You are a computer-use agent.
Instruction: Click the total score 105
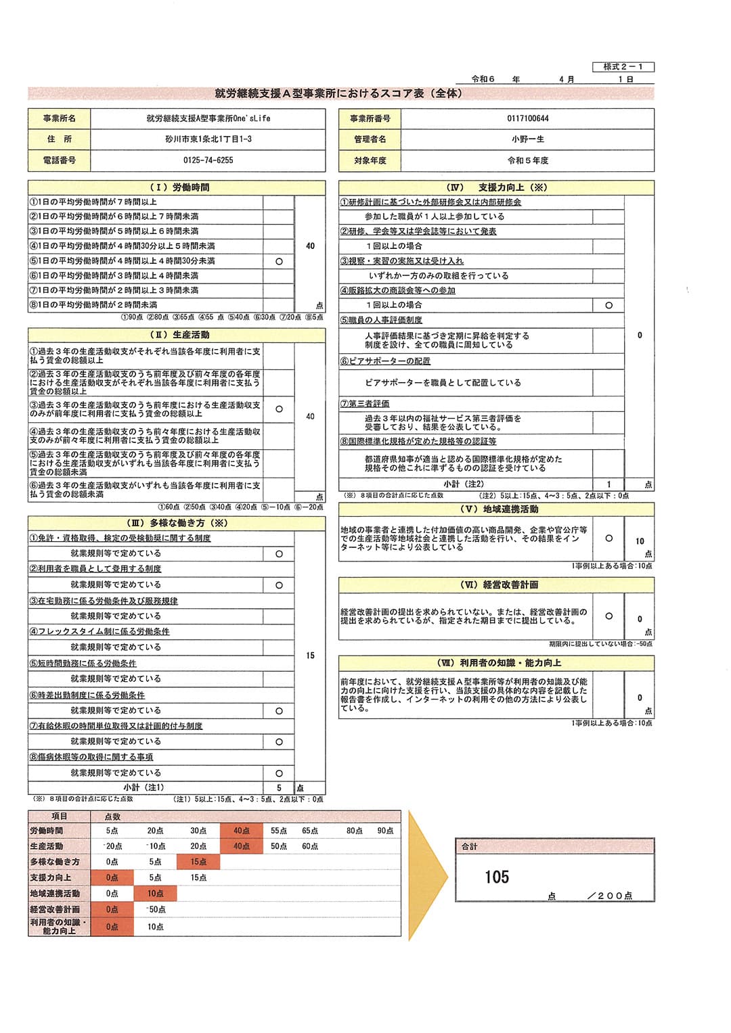[497, 877]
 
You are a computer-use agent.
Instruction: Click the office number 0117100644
[528, 118]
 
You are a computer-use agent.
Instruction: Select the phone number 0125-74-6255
[208, 160]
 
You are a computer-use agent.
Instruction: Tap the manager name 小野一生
[528, 139]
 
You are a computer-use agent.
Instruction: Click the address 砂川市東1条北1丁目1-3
[208, 139]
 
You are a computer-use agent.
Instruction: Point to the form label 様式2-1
[623, 67]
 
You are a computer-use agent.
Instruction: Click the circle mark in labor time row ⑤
[279, 261]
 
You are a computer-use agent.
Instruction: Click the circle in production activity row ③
[279, 409]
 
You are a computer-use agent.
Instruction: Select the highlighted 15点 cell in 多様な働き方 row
[198, 862]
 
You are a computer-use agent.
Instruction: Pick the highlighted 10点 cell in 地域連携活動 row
[156, 894]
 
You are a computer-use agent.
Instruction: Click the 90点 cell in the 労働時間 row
[385, 831]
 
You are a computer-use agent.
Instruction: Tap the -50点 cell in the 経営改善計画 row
[156, 910]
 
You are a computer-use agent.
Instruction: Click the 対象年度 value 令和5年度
[528, 160]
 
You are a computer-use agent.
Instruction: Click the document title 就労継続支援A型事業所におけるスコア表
[338, 93]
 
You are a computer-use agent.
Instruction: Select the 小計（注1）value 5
[279, 788]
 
